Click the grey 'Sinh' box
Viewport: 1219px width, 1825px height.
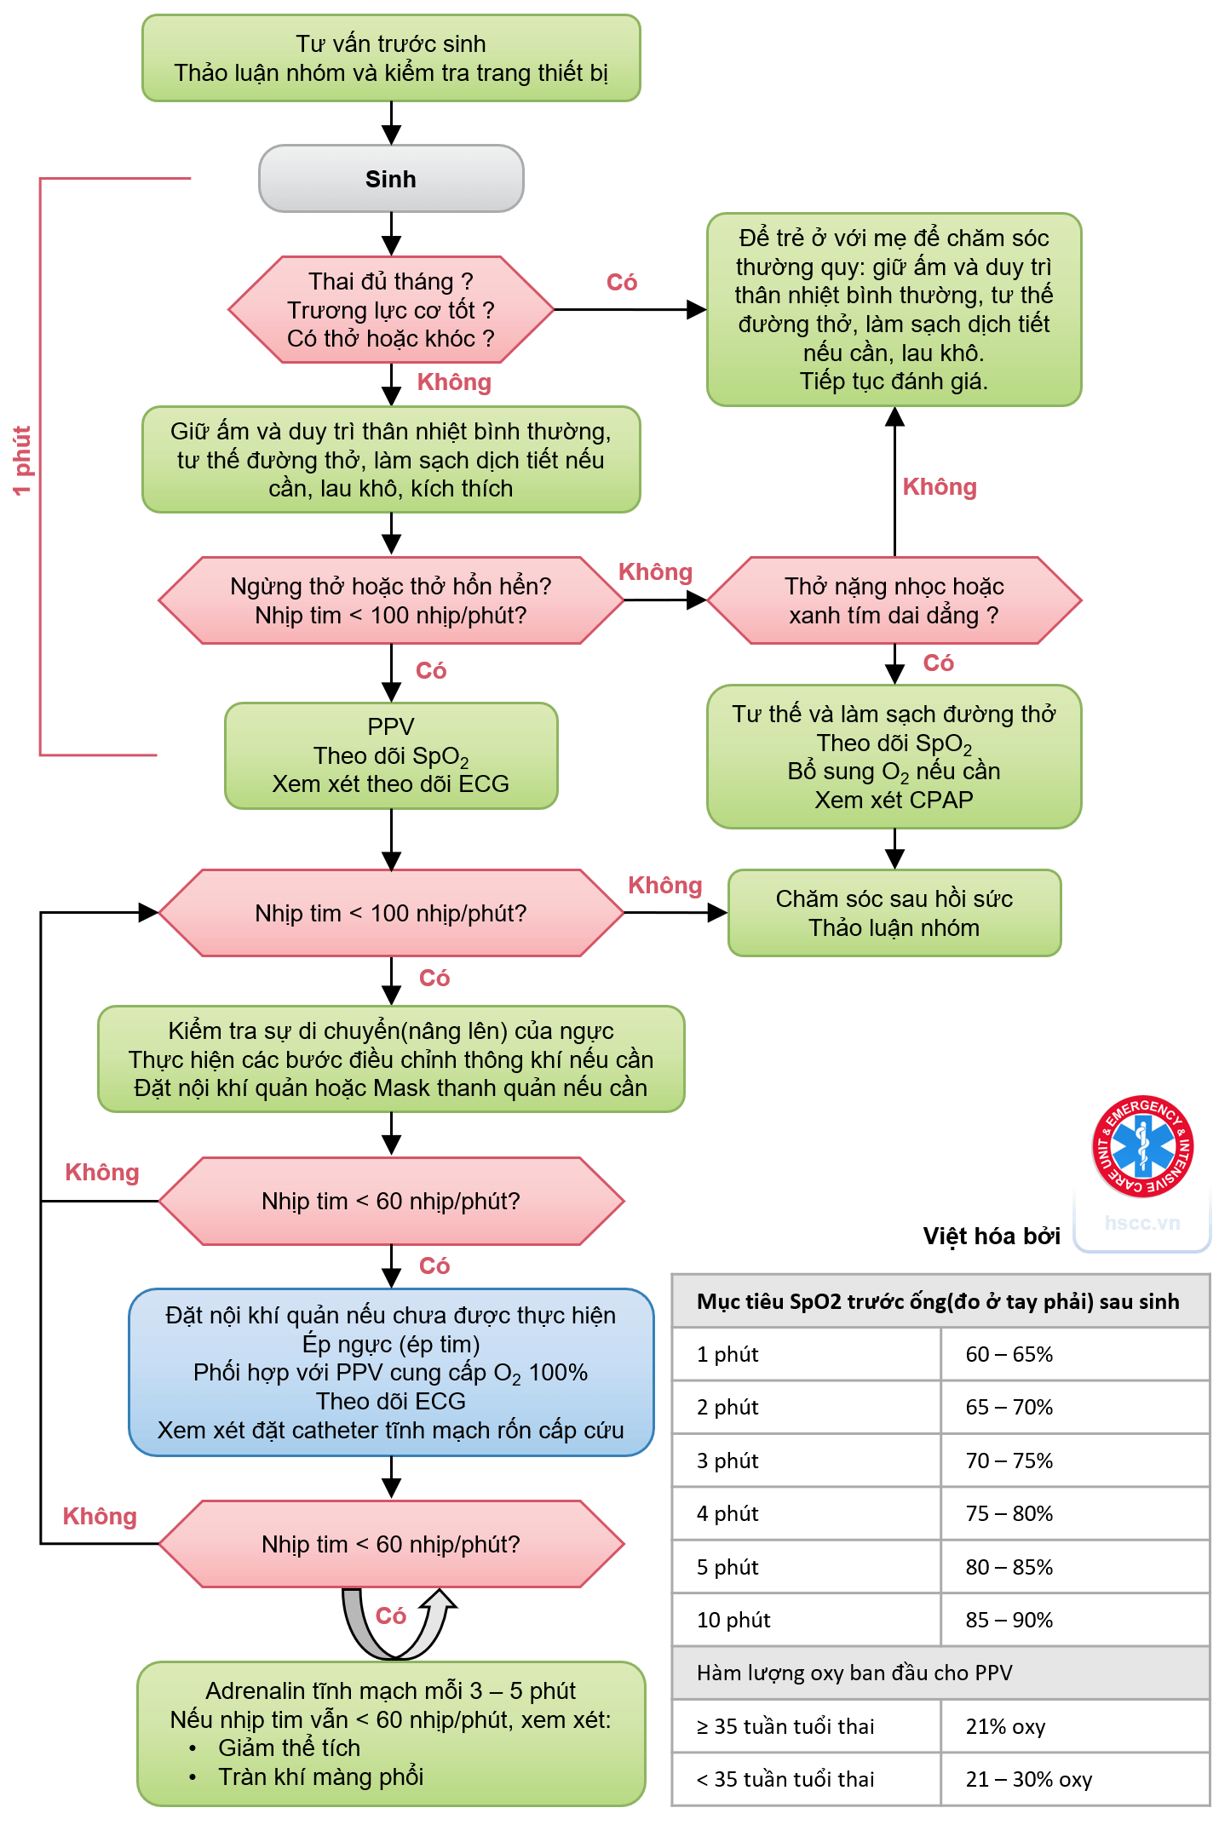[391, 179]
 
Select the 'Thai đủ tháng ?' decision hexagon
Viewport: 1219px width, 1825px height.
[391, 310]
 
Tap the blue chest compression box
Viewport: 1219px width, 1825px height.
[391, 1372]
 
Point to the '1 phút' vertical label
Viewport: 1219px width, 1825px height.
[22, 461]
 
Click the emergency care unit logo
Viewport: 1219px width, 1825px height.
[1142, 1146]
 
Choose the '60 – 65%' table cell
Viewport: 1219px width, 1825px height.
[1009, 1354]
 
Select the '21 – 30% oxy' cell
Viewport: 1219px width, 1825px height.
[1028, 1779]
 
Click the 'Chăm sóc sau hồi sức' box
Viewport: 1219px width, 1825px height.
[894, 913]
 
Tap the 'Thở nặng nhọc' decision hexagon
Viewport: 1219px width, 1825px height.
[894, 600]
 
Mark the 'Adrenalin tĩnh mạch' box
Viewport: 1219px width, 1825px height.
[391, 1733]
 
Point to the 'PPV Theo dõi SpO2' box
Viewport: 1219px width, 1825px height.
[391, 755]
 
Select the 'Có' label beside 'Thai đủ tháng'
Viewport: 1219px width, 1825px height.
[622, 283]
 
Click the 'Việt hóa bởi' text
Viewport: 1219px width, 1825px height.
[992, 1236]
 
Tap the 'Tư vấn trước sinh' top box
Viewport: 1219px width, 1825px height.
[391, 58]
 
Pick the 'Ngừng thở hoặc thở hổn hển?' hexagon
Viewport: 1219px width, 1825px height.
[391, 600]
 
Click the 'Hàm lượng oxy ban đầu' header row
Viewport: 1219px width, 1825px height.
[940, 1673]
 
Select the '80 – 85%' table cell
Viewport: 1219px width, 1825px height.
[1009, 1567]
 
